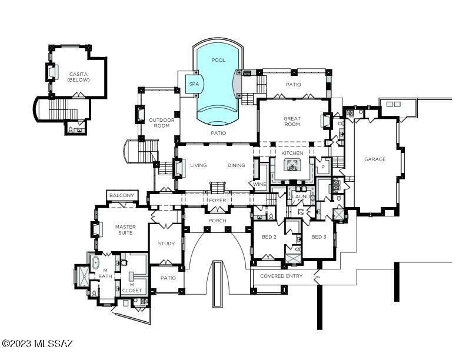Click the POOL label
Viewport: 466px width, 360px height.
(218, 60)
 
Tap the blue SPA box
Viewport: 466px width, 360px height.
(194, 84)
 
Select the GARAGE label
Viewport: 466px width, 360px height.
(375, 159)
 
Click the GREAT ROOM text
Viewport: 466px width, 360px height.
(292, 122)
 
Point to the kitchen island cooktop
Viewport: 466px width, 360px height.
(292, 165)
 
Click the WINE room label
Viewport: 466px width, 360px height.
(259, 184)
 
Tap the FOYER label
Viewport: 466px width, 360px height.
(218, 201)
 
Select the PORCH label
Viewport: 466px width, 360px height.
(217, 221)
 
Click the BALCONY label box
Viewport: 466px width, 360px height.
(122, 195)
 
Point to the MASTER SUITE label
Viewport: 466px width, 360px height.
(125, 230)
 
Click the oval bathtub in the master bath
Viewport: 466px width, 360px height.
(96, 263)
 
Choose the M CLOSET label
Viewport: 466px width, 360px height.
(132, 288)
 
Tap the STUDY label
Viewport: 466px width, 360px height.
(166, 244)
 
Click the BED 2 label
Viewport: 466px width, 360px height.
(269, 237)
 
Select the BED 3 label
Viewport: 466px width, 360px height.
(318, 237)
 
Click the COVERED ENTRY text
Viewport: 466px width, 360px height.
(281, 276)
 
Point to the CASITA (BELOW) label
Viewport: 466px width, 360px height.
(78, 77)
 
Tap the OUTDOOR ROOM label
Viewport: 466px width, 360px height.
(162, 123)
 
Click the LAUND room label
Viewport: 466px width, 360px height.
(301, 196)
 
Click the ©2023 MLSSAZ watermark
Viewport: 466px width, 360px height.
(37, 344)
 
